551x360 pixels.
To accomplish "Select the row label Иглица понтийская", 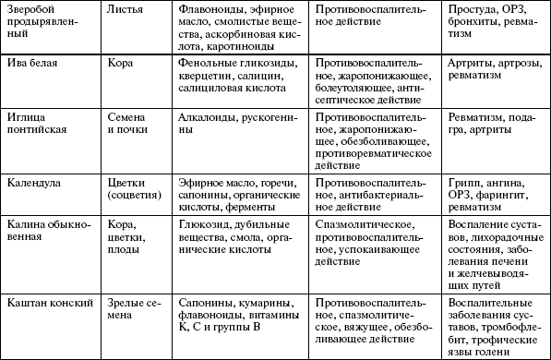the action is (39, 125).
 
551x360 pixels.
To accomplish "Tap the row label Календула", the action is (36, 183).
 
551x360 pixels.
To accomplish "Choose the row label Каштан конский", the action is (46, 302).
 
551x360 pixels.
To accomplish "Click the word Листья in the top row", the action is (125, 9).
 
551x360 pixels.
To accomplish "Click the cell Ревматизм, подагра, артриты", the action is (493, 125).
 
